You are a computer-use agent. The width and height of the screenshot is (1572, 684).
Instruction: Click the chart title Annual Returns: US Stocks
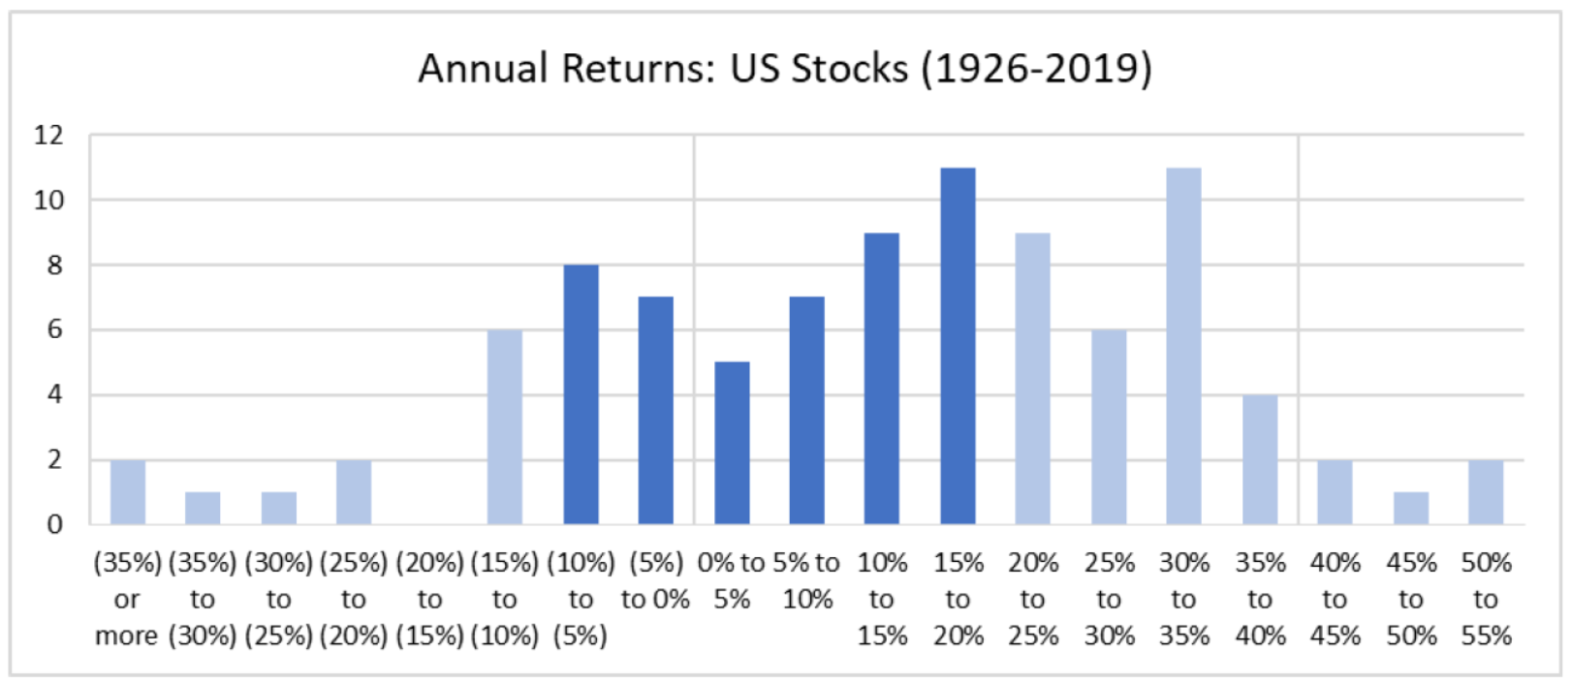(663, 69)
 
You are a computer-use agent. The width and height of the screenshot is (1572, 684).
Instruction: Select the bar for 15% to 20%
(958, 346)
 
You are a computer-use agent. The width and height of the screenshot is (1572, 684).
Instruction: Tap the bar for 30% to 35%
(1184, 346)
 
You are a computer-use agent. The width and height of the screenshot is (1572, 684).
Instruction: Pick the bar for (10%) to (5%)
(582, 394)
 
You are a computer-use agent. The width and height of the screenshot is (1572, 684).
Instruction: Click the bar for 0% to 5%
(732, 444)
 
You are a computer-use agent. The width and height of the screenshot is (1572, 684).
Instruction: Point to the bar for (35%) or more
(128, 492)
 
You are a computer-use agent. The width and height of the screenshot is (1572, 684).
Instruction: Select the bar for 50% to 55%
(1486, 492)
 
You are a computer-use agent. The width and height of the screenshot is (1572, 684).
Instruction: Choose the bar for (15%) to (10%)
(505, 427)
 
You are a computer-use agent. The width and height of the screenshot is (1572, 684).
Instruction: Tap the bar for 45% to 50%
(1410, 509)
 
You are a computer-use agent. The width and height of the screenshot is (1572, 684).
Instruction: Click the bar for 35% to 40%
(1260, 459)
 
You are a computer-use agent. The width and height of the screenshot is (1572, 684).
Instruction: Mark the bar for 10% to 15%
(881, 379)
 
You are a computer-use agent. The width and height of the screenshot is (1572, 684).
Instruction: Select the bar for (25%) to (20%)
(354, 492)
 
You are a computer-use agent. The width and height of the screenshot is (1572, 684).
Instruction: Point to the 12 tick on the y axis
(48, 135)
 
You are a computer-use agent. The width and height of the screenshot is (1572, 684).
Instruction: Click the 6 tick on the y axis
(54, 329)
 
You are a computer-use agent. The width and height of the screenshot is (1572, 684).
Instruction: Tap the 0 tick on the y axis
(54, 525)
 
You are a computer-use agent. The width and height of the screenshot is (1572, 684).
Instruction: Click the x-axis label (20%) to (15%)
(429, 599)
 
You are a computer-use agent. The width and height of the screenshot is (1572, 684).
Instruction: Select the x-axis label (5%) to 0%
(655, 581)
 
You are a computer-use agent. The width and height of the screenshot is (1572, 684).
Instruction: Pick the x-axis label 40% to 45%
(1335, 599)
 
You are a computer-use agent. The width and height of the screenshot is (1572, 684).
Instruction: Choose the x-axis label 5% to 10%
(807, 581)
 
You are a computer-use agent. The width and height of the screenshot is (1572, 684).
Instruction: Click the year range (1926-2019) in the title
(1037, 69)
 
